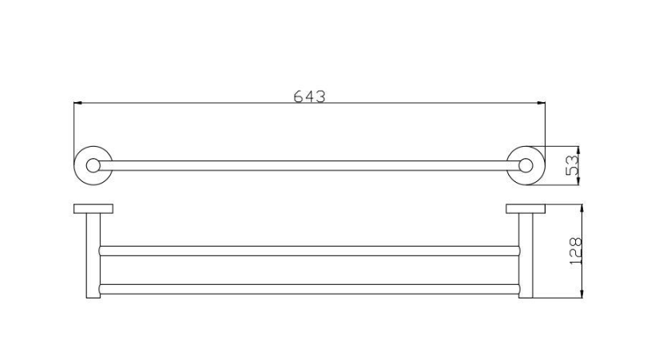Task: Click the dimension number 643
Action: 310,97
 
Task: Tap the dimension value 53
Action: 572,165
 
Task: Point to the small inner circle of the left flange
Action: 93,166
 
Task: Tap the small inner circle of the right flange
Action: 525,166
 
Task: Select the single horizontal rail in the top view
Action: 310,166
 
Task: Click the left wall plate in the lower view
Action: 93,209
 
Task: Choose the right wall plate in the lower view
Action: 526,209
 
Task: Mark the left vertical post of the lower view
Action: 93,255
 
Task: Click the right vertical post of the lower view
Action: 526,255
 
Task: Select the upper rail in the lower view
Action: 310,251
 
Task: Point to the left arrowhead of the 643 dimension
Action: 77,102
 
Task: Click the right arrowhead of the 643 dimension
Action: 542,102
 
